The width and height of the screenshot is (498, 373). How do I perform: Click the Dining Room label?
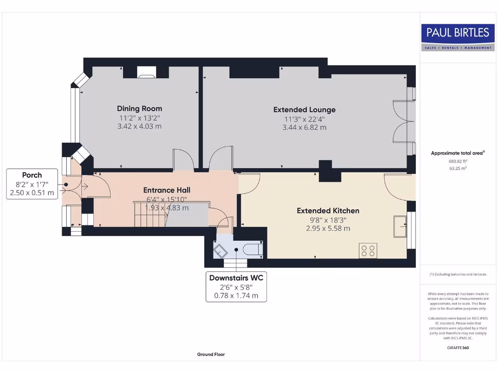(x=140, y=108)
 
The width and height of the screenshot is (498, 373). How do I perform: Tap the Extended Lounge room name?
(x=304, y=110)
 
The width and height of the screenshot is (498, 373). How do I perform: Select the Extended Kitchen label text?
(x=328, y=211)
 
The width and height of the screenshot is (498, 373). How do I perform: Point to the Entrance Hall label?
(x=167, y=190)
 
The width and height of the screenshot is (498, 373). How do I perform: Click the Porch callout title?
(x=32, y=175)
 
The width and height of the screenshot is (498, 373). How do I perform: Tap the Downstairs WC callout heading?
(x=236, y=278)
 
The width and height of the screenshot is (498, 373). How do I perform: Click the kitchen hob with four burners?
(x=368, y=251)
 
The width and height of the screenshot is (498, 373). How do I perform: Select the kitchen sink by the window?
(x=400, y=226)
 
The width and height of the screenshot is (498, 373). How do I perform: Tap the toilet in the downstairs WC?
(x=253, y=250)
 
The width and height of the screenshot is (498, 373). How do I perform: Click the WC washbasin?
(x=220, y=251)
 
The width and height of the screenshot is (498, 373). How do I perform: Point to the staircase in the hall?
(x=151, y=214)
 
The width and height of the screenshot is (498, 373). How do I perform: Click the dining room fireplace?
(x=146, y=72)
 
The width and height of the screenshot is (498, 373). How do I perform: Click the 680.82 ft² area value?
(x=458, y=161)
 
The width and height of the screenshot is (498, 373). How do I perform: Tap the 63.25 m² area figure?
(x=458, y=169)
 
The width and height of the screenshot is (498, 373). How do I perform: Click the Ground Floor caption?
(x=211, y=354)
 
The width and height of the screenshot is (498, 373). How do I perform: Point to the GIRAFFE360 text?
(x=458, y=348)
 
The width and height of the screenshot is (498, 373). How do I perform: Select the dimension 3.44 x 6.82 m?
(x=304, y=128)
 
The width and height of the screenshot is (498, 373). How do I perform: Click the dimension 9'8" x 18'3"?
(x=328, y=220)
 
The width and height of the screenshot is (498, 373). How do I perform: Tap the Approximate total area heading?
(x=458, y=153)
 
